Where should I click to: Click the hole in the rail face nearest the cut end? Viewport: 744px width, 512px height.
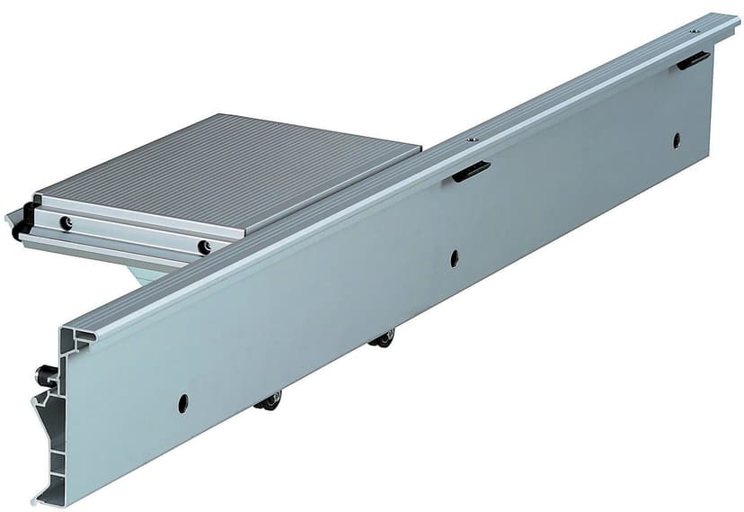click(x=183, y=403)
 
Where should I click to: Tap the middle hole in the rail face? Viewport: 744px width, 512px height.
click(x=455, y=258)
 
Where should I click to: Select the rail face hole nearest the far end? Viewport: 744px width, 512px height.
click(x=677, y=139)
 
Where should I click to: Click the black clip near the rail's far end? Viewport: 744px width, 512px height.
click(x=693, y=60)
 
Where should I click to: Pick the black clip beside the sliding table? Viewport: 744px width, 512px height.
click(x=471, y=171)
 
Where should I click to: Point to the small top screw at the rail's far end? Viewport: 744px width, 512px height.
click(x=695, y=31)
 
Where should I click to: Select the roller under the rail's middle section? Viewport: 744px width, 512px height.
click(x=382, y=338)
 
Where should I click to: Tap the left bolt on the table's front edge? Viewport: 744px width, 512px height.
click(x=66, y=222)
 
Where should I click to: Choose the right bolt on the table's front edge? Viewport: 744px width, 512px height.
click(x=206, y=247)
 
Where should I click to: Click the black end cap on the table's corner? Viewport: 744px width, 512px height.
click(x=22, y=221)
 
